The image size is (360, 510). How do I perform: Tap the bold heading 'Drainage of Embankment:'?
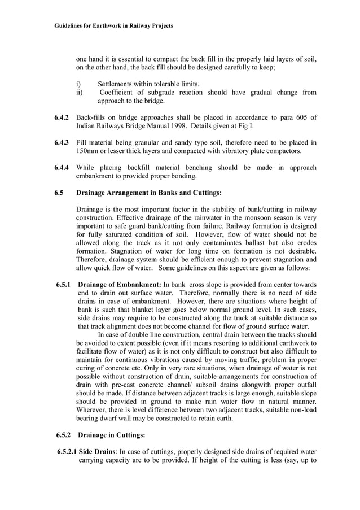[x=120, y=284]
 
